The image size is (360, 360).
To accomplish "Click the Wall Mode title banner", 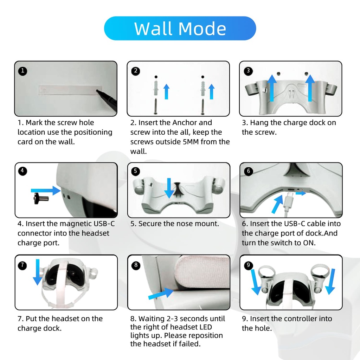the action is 180,28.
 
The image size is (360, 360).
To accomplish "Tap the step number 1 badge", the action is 22,71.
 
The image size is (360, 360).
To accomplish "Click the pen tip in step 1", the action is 97,91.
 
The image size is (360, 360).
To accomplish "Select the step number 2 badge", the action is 135,71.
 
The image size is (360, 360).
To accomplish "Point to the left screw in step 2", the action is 156,106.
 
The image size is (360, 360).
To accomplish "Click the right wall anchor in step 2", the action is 203,89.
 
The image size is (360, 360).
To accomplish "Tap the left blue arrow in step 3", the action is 272,88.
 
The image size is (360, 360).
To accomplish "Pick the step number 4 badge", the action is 22,171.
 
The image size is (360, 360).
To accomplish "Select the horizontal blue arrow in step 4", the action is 46,190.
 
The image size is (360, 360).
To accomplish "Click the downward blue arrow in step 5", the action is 169,188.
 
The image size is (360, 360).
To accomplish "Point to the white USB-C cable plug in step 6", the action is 288,200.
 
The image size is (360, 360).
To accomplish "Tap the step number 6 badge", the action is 249,171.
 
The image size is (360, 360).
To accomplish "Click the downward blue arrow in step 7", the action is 37,272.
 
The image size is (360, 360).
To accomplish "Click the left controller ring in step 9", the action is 266,272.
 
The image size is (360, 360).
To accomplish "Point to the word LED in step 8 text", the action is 205,327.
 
